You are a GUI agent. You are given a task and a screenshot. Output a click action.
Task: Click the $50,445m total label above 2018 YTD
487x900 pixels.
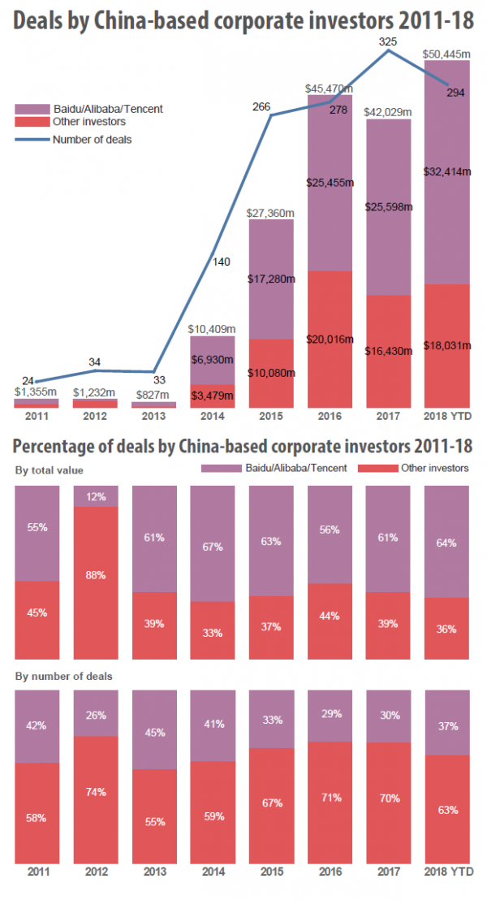point(446,55)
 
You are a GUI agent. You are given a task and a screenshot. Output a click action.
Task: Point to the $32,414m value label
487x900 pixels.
point(446,171)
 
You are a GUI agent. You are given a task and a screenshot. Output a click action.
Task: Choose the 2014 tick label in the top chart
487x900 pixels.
point(213,416)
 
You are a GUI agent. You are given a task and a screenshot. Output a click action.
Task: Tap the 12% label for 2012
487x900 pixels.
point(96,496)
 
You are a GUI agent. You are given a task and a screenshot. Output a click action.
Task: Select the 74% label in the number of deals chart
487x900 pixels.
point(96,792)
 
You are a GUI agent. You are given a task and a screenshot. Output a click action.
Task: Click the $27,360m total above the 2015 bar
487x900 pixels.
point(271,213)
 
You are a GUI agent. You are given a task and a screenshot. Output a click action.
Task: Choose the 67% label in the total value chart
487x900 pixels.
point(213,547)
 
